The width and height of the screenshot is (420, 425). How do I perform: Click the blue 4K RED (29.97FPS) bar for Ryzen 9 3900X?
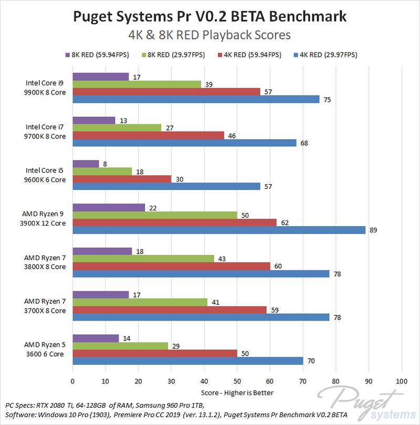pyautogui.click(x=218, y=230)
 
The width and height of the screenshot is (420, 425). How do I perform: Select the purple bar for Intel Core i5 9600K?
pyautogui.click(x=86, y=164)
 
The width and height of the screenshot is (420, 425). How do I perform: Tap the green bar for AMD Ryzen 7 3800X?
pyautogui.click(x=143, y=259)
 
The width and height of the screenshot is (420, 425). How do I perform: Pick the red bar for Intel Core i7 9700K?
pyautogui.click(x=148, y=135)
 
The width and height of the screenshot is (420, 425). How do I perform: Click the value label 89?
pyautogui.click(x=373, y=230)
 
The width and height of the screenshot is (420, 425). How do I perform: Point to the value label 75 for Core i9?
pyautogui.click(x=327, y=99)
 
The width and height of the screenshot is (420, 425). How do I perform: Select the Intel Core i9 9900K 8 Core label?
pyautogui.click(x=46, y=87)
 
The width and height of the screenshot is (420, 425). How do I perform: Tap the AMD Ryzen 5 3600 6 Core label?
pyautogui.click(x=45, y=349)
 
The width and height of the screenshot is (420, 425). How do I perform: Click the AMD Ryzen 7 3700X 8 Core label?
pyautogui.click(x=45, y=306)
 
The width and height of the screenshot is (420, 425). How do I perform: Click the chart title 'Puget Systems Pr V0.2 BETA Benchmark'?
pyautogui.click(x=210, y=16)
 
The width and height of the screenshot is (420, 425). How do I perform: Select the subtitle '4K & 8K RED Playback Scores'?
pyautogui.click(x=210, y=36)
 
